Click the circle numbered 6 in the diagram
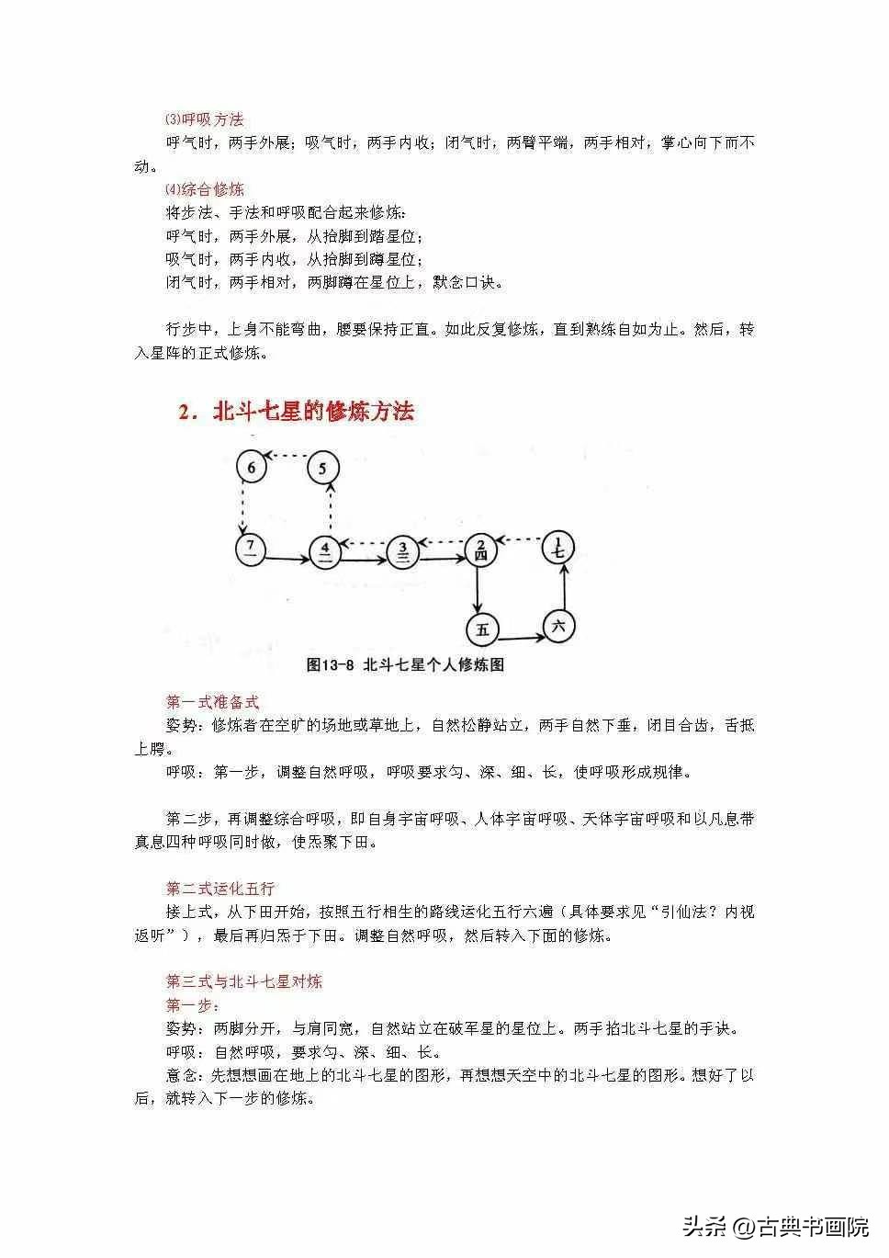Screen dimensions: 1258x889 coord(251,467)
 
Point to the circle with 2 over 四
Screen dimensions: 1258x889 coord(480,550)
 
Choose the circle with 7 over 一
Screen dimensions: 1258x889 coord(251,551)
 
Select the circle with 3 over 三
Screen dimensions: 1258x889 coord(402,551)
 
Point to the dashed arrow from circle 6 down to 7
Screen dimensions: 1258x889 coord(242,508)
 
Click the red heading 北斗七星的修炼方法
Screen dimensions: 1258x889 coord(296,411)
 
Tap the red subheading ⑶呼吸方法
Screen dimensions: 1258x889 coord(204,119)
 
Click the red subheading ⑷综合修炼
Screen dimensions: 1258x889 coord(204,189)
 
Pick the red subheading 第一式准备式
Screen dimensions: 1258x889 coord(212,702)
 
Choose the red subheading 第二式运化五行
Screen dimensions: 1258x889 coord(219,889)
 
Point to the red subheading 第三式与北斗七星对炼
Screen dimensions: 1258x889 coord(243,981)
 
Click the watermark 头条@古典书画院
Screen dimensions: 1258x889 coord(776,1226)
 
